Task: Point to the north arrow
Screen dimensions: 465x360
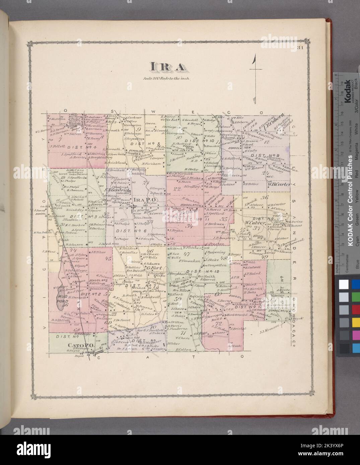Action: pyautogui.click(x=255, y=77)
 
